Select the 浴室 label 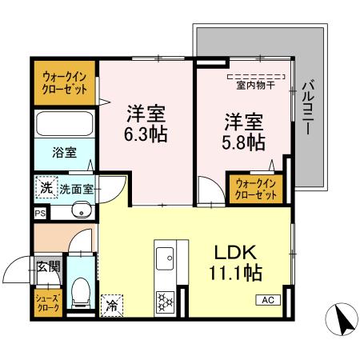pyautogui.click(x=65, y=152)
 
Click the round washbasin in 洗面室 pyautogui.click(x=82, y=210)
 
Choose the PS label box pyautogui.click(x=39, y=213)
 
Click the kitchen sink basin pyautogui.click(x=166, y=258)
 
